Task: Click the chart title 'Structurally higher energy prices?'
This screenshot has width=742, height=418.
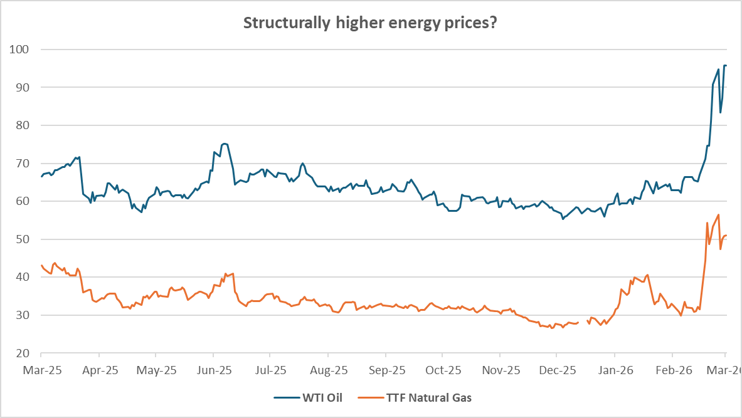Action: (x=371, y=23)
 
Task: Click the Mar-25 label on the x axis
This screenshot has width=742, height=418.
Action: (x=42, y=370)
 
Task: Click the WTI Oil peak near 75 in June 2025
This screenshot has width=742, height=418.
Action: (x=224, y=144)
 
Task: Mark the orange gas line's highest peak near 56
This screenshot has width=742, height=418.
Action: (x=718, y=215)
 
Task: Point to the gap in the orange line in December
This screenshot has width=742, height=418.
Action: (x=582, y=322)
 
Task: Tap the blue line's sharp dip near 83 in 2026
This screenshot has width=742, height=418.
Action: (x=720, y=112)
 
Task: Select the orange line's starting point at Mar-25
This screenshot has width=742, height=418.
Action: (x=41, y=265)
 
